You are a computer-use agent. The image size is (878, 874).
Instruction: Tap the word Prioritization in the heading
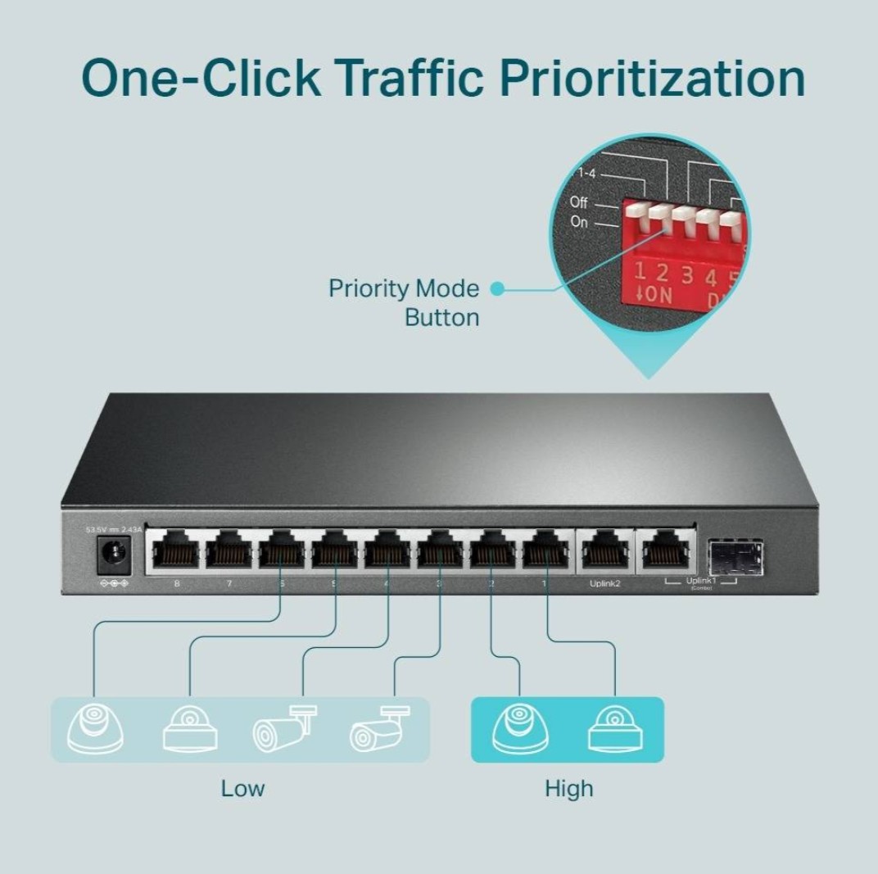coord(652,79)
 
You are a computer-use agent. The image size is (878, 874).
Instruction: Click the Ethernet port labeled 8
coord(175,551)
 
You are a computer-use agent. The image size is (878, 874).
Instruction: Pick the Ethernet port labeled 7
coord(229,551)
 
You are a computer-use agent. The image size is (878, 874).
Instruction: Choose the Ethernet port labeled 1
coord(546,551)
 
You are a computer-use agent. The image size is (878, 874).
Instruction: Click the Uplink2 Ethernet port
coord(605,551)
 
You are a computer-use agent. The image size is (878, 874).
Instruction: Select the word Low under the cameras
coord(242,789)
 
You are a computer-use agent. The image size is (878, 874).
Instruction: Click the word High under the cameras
coord(568,789)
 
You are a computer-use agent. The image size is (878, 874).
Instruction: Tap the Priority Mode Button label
coord(403,302)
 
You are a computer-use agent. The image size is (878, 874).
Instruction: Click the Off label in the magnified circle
coord(578,202)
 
